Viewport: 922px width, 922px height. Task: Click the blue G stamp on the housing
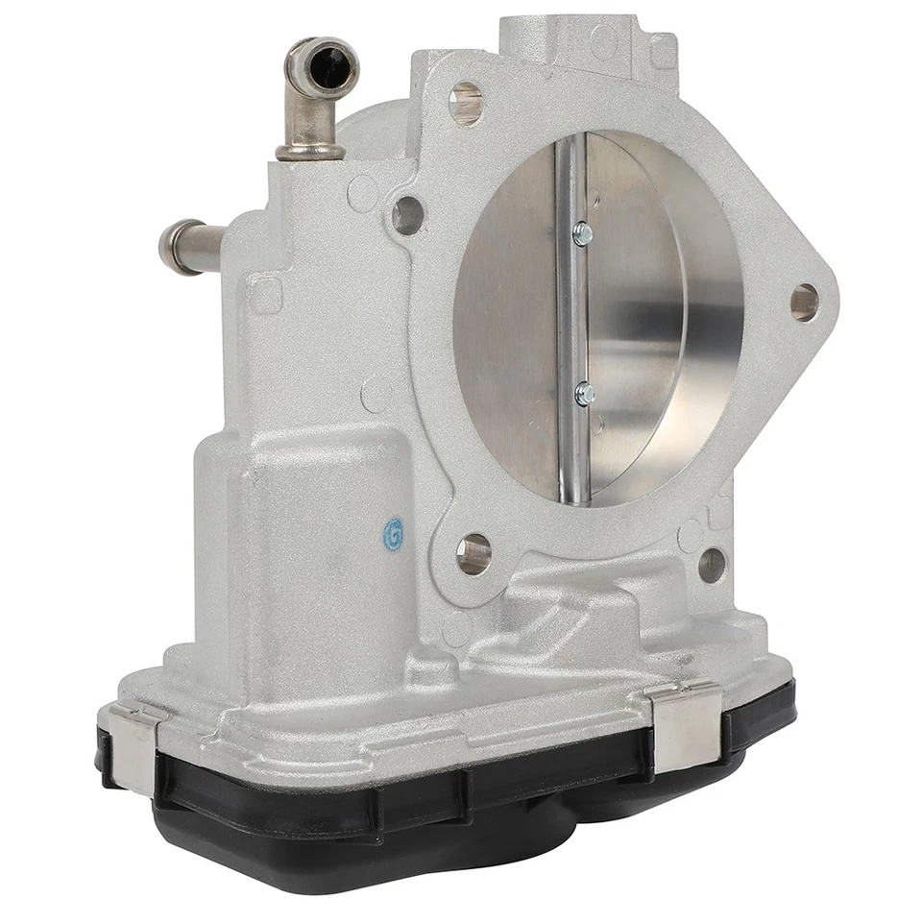tap(393, 534)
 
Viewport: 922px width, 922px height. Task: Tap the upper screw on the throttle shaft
tap(582, 233)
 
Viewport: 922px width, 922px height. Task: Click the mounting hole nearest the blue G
tap(473, 554)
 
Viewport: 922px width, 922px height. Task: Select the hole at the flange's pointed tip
tap(804, 303)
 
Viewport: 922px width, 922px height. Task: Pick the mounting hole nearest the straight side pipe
tap(407, 215)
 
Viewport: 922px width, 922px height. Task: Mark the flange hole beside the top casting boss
tap(466, 103)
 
